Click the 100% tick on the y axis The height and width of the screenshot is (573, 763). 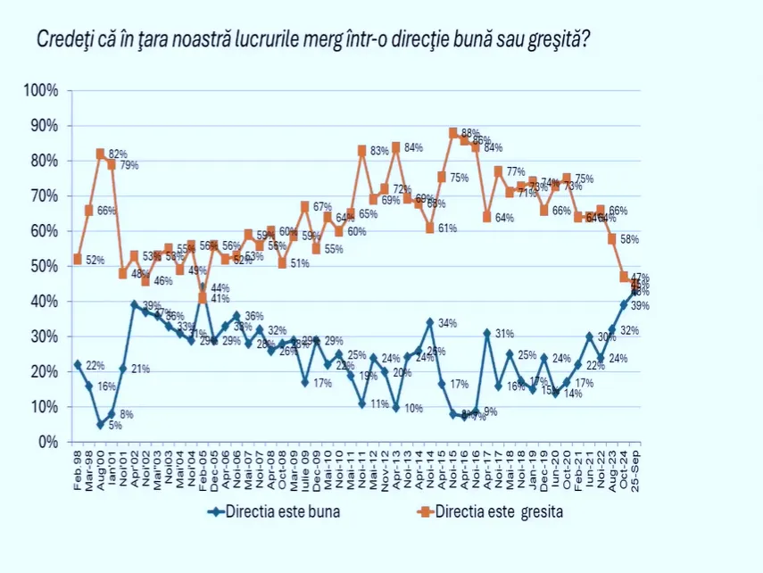click(x=42, y=90)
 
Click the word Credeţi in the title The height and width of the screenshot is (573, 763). click(x=64, y=40)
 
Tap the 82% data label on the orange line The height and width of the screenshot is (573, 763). click(x=118, y=154)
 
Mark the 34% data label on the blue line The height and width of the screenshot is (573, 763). click(x=447, y=323)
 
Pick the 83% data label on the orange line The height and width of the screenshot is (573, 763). click(x=380, y=150)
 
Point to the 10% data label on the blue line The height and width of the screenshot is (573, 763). click(x=411, y=409)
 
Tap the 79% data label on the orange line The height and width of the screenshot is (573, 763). click(x=129, y=166)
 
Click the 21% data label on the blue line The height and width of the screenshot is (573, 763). click(x=140, y=370)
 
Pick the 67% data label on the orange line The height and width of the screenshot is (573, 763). click(x=321, y=208)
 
